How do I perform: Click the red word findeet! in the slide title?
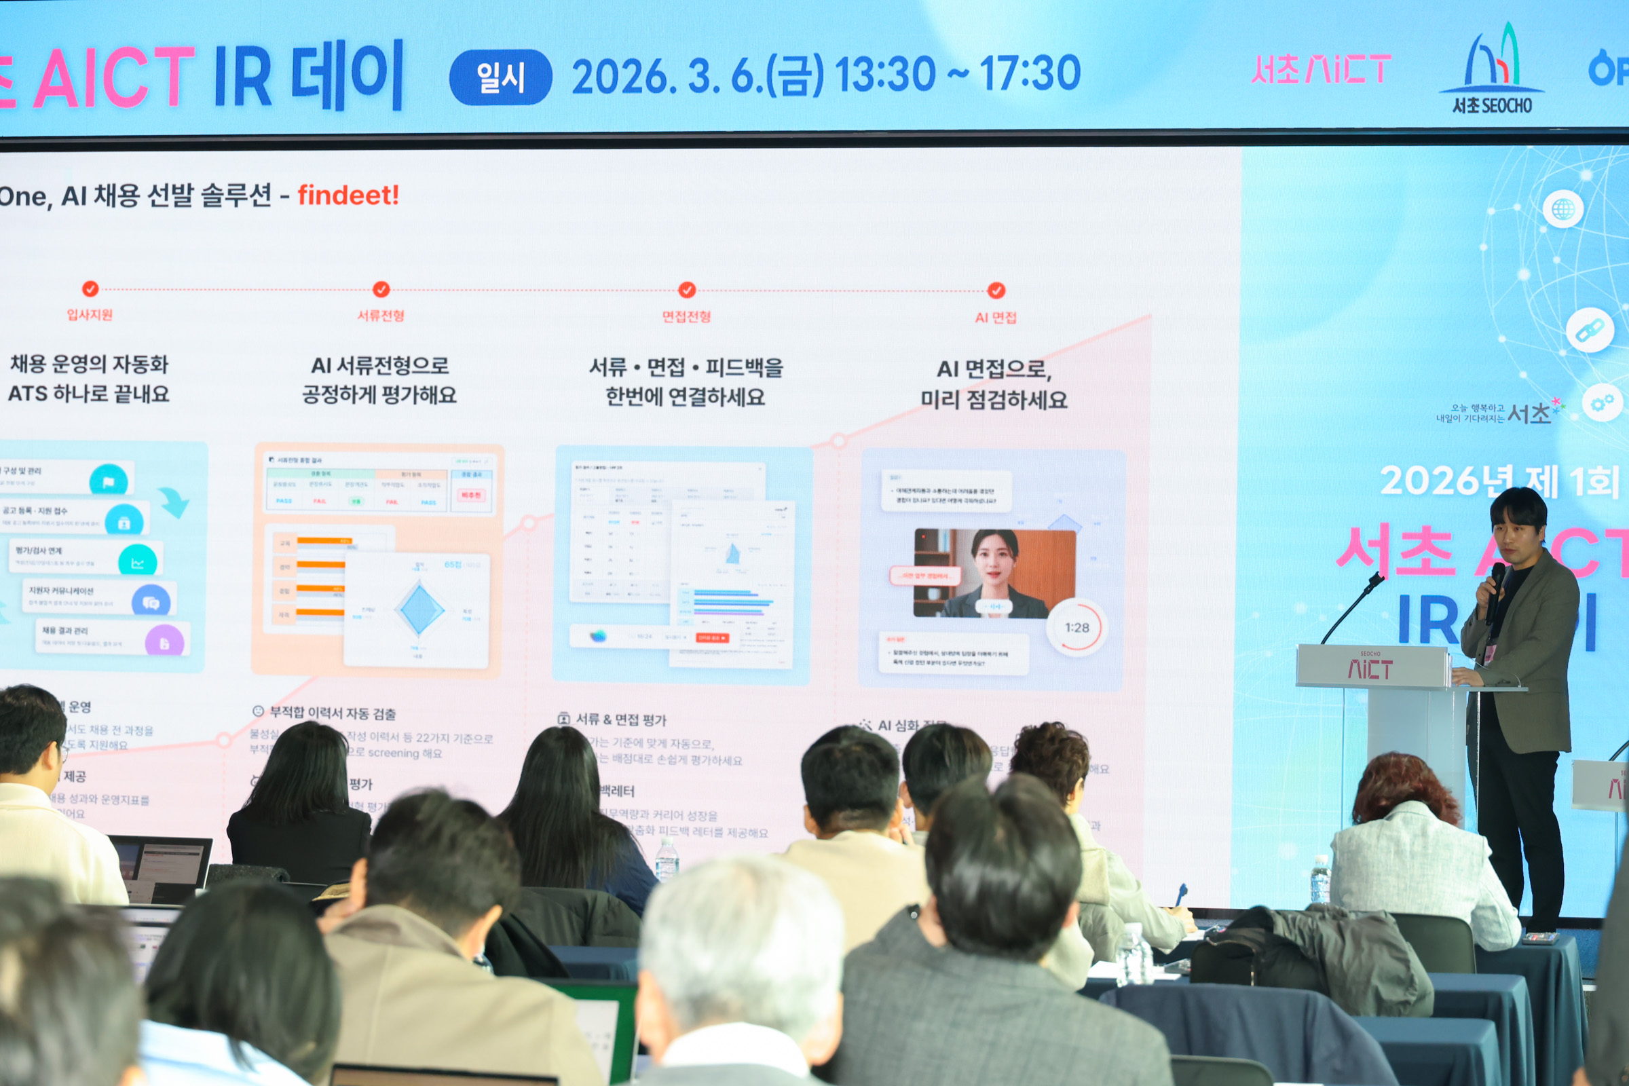(348, 195)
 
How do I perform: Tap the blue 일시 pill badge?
(500, 77)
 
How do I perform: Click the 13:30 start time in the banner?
(884, 74)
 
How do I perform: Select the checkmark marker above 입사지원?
(90, 289)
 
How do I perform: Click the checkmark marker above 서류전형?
(381, 290)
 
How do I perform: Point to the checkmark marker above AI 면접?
(996, 291)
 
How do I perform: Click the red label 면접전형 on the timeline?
(686, 316)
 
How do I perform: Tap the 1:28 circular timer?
(1076, 627)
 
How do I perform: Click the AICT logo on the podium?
(1369, 669)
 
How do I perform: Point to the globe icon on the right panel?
(1562, 209)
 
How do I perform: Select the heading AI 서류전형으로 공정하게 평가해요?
(379, 379)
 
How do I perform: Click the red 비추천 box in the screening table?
(471, 495)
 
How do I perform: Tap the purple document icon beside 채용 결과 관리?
(165, 642)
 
